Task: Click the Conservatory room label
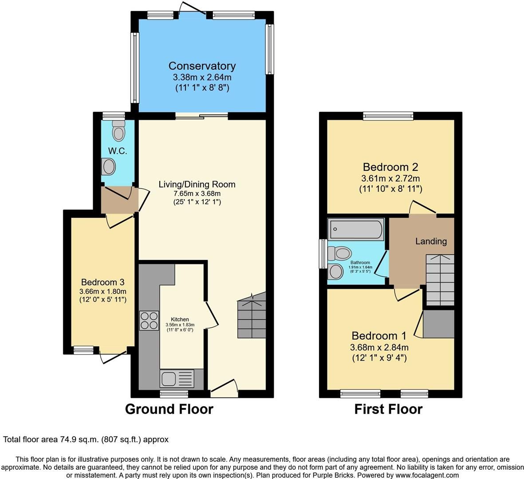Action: click(202, 66)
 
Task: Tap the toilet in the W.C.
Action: click(118, 130)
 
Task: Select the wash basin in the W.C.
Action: click(108, 167)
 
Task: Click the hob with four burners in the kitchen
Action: click(149, 320)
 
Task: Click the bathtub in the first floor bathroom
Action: click(355, 229)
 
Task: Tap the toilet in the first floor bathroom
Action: click(339, 254)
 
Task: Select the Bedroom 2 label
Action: click(390, 167)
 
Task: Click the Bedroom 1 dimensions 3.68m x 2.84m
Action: click(379, 347)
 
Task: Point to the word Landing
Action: click(431, 241)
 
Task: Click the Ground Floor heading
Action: click(169, 409)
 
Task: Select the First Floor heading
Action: click(388, 409)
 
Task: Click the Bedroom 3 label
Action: click(102, 282)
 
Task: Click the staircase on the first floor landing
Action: click(440, 279)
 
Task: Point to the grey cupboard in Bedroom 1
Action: click(439, 324)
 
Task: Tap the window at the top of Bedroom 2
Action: click(388, 117)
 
